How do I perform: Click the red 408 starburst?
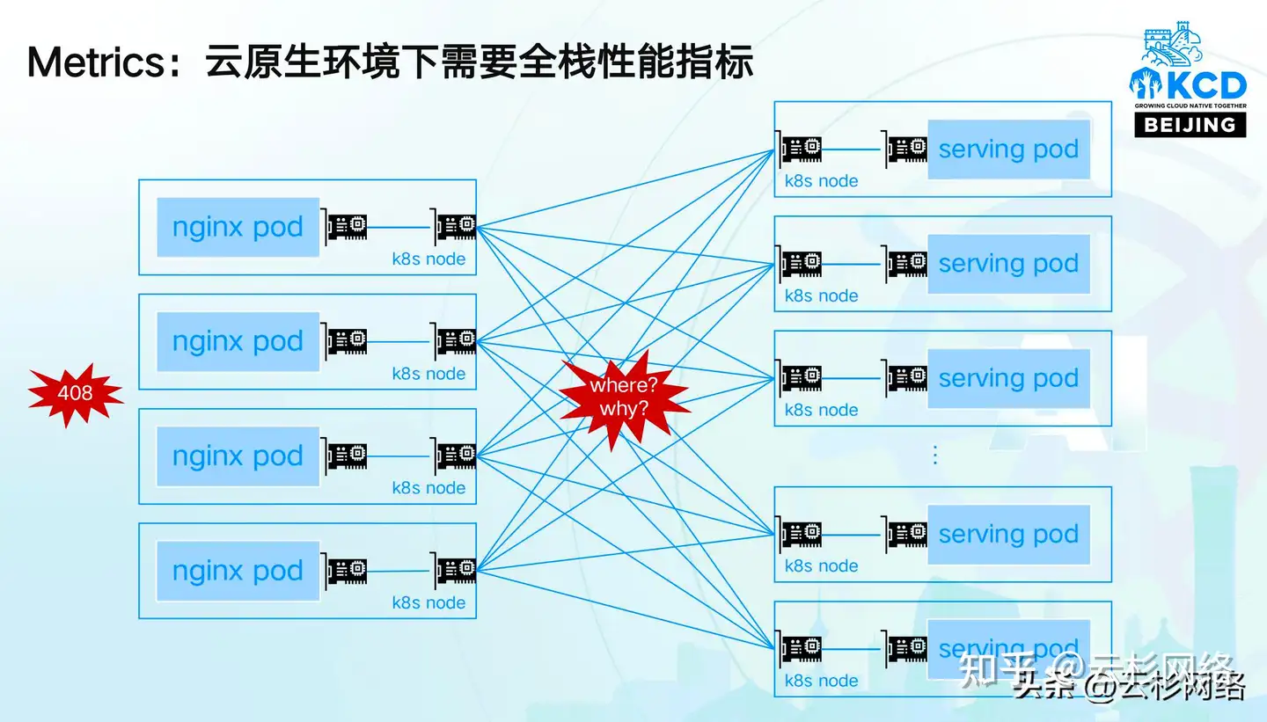75,393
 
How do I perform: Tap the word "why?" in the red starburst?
624,408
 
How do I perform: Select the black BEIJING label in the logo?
1190,124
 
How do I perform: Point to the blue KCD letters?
1203,85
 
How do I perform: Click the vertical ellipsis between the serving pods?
934,455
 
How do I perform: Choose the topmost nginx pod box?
238,228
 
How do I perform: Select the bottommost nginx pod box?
238,572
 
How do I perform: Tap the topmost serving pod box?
1008,150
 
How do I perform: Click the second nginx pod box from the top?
238,342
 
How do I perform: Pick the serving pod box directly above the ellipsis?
1008,378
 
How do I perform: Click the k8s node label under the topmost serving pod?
821,182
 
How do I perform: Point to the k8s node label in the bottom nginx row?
428,602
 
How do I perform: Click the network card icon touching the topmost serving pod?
906,148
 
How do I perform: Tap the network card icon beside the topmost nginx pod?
347,227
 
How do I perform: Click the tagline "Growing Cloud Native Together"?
1190,106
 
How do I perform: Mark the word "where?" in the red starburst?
624,385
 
